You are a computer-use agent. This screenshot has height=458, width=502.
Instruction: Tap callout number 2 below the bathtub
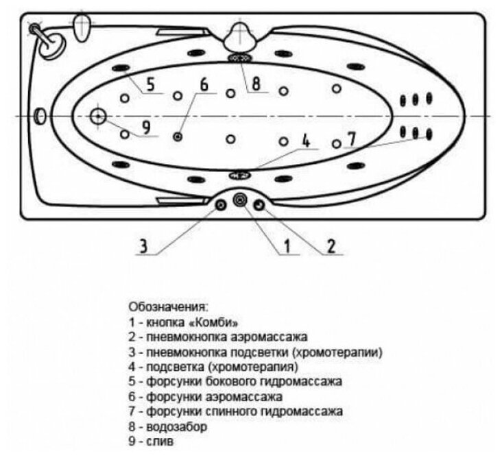click(331, 245)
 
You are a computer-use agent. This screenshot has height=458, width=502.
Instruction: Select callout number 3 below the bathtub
click(144, 245)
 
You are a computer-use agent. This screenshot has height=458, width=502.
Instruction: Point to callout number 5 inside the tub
click(151, 84)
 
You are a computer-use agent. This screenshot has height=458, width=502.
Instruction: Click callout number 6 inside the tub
click(204, 84)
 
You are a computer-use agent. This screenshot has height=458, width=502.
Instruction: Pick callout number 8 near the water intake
click(256, 84)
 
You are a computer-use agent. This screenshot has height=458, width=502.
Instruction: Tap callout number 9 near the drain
click(146, 128)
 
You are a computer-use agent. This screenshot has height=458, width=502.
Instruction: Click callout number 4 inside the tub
click(306, 139)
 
